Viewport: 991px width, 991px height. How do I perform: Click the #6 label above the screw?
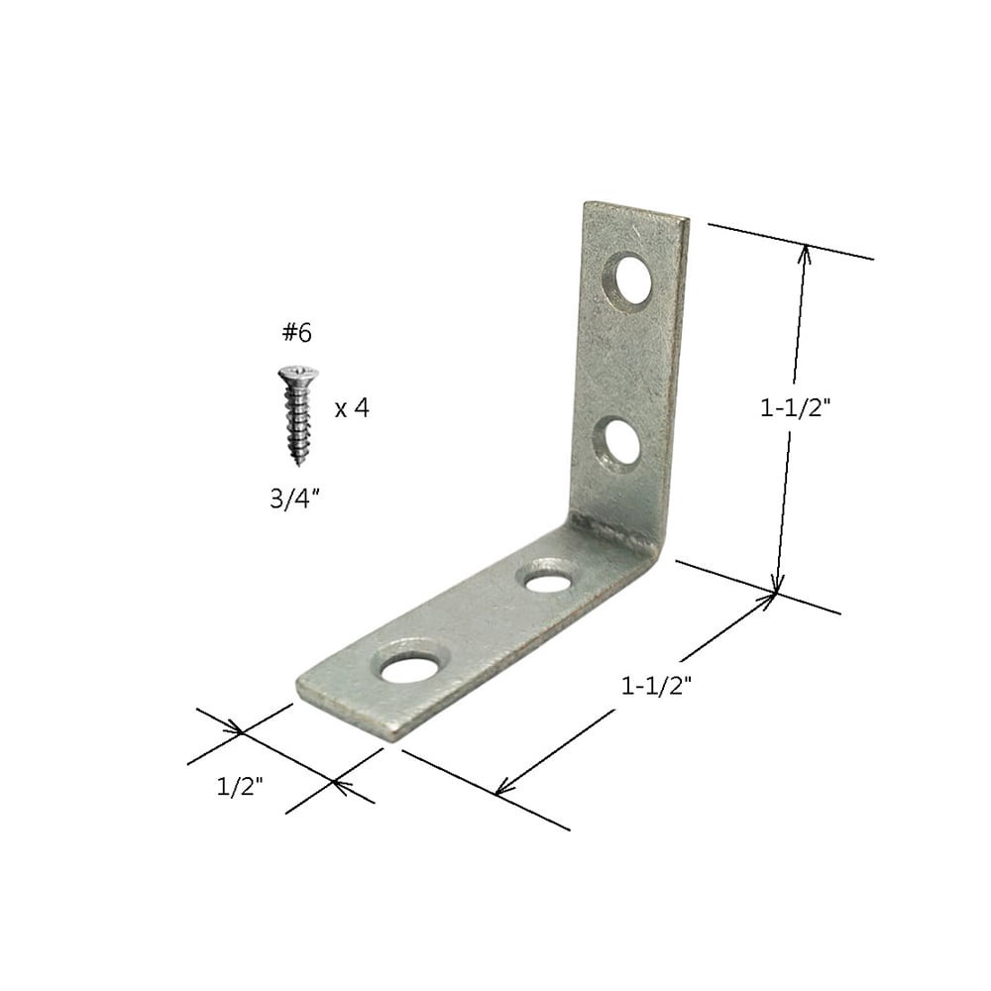click(x=296, y=334)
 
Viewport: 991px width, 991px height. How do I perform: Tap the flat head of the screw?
click(x=297, y=375)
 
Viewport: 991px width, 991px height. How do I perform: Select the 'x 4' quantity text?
click(x=352, y=408)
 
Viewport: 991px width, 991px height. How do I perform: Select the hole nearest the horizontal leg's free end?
click(x=409, y=669)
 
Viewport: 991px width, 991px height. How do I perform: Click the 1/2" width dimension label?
click(x=240, y=788)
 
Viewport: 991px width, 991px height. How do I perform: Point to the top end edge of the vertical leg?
click(x=634, y=210)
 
